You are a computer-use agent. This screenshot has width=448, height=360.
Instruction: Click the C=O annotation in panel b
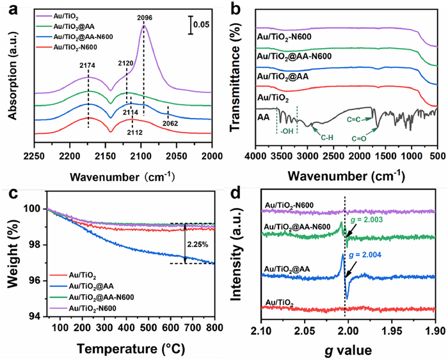362,138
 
